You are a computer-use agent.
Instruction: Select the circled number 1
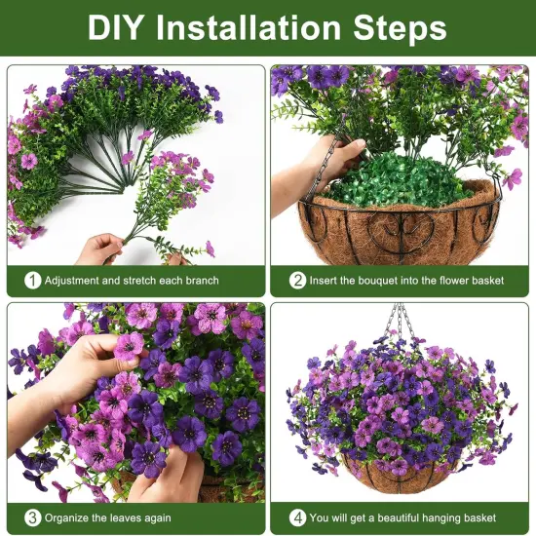(32, 281)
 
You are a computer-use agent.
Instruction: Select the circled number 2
(297, 281)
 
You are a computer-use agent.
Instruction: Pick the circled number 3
(32, 517)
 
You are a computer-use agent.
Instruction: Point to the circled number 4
(297, 517)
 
